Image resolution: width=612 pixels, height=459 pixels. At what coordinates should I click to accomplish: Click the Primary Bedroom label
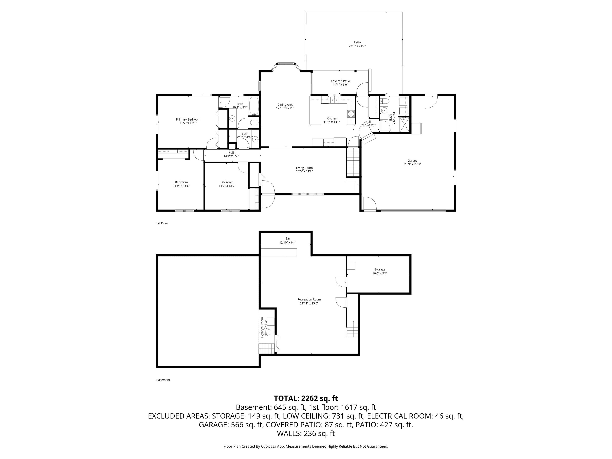click(x=188, y=120)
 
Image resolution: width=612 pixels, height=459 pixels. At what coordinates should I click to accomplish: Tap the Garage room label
click(x=412, y=161)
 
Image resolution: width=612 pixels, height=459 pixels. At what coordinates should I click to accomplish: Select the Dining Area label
click(x=285, y=105)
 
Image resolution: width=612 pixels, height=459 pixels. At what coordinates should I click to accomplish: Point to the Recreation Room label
click(x=309, y=299)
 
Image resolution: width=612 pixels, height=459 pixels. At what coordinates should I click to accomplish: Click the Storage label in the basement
click(x=380, y=269)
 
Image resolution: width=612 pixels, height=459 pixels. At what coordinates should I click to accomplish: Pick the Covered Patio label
click(x=340, y=81)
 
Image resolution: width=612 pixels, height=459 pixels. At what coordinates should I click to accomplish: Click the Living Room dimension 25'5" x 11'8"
click(x=304, y=171)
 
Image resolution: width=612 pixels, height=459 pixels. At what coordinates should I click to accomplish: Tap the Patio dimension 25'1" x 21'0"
click(x=357, y=46)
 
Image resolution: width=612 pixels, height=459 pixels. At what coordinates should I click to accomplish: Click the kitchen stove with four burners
click(x=351, y=114)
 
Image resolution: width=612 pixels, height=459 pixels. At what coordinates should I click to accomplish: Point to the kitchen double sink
click(x=334, y=100)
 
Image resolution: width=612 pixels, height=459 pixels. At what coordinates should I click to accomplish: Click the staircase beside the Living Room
click(x=353, y=162)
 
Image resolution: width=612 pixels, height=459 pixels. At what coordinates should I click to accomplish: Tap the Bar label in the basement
click(x=288, y=238)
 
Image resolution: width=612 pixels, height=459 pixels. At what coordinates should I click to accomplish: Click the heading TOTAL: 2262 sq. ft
click(x=306, y=398)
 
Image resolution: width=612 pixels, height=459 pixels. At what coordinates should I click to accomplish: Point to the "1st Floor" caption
click(x=162, y=223)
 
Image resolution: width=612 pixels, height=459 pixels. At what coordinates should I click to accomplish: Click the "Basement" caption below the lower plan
click(x=163, y=380)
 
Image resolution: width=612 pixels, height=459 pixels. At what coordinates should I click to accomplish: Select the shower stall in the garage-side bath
click(x=404, y=125)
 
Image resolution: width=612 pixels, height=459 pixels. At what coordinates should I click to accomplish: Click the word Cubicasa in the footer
click(x=267, y=446)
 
